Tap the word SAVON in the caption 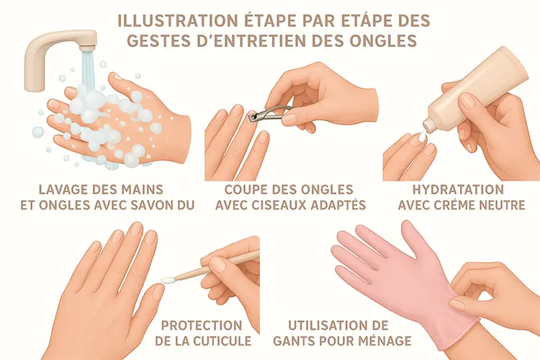pyautogui.click(x=148, y=205)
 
